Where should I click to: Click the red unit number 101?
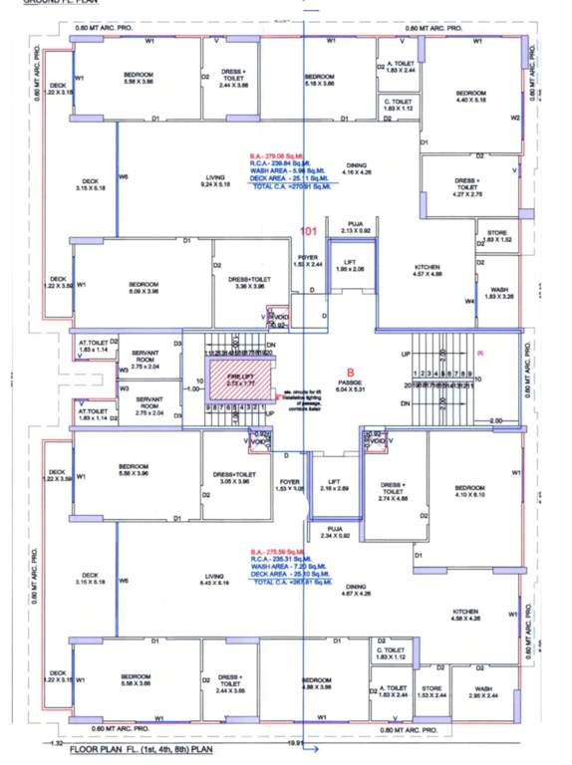pyautogui.click(x=309, y=231)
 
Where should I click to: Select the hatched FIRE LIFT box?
pyautogui.click(x=236, y=381)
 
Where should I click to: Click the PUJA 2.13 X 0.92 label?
pyautogui.click(x=354, y=227)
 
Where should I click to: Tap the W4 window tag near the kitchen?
pyautogui.click(x=468, y=301)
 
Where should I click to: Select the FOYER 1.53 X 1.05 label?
pyautogui.click(x=290, y=485)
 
